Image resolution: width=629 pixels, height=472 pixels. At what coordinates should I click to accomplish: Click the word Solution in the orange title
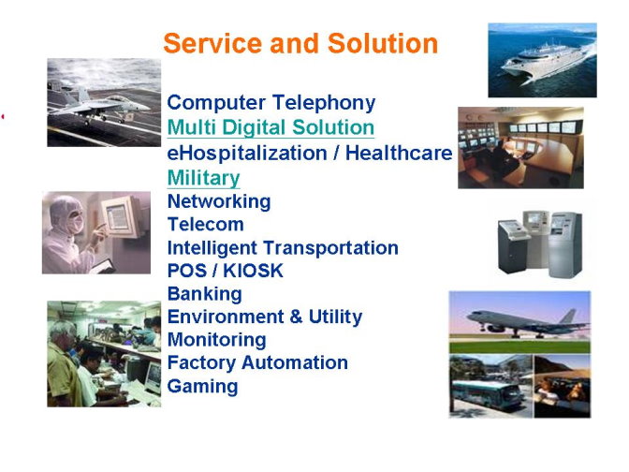[383, 43]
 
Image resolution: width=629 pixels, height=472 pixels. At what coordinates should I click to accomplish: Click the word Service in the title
[212, 43]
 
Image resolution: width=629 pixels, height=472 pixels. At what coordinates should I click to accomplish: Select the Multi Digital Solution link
[271, 127]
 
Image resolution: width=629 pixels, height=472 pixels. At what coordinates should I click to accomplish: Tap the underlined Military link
[203, 178]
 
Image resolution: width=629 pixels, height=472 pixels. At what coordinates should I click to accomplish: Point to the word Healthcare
[399, 153]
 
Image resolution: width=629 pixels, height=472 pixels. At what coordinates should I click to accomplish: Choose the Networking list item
[219, 201]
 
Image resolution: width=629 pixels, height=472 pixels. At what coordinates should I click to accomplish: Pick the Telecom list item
[205, 225]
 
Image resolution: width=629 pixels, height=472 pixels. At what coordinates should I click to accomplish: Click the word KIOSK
[253, 271]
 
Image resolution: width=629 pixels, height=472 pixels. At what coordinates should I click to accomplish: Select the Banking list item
[205, 294]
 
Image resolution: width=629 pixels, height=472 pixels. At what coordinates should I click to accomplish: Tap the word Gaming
[202, 387]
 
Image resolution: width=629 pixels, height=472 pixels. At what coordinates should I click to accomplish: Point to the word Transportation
[331, 248]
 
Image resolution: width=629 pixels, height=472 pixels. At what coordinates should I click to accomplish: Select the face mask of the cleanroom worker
[76, 223]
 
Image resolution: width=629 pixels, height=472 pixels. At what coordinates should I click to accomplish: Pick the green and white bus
[487, 393]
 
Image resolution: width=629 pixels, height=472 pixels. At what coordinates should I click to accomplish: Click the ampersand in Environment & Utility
[295, 317]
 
